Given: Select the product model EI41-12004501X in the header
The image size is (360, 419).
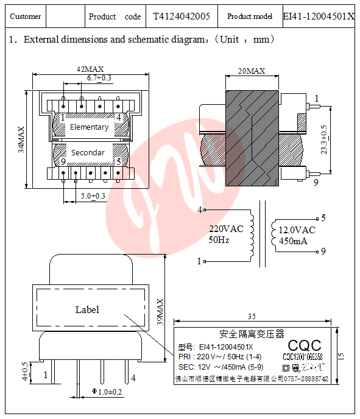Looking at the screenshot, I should tap(319, 16).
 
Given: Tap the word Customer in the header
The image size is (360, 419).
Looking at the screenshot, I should tap(26, 16).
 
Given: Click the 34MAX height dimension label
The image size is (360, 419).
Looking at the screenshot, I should tap(21, 139).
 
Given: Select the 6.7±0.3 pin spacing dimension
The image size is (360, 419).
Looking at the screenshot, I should tap(99, 78).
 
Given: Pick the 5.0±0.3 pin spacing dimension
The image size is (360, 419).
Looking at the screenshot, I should tap(93, 195).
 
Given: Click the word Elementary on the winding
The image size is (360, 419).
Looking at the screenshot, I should tap(89, 127).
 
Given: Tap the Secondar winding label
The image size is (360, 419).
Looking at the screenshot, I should tap(88, 152).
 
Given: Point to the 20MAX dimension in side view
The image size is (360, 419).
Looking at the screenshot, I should tap(252, 71).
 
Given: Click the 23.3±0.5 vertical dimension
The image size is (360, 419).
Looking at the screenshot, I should tap(324, 139).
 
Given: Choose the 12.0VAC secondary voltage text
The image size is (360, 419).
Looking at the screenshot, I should tap(297, 230).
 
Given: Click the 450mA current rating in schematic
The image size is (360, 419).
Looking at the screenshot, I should tap(293, 241).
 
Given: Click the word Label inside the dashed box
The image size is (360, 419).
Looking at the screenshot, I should tap(87, 309).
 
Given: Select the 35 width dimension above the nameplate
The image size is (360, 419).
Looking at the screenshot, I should tap(251, 317).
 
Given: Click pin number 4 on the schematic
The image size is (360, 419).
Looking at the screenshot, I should tap(199, 211).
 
